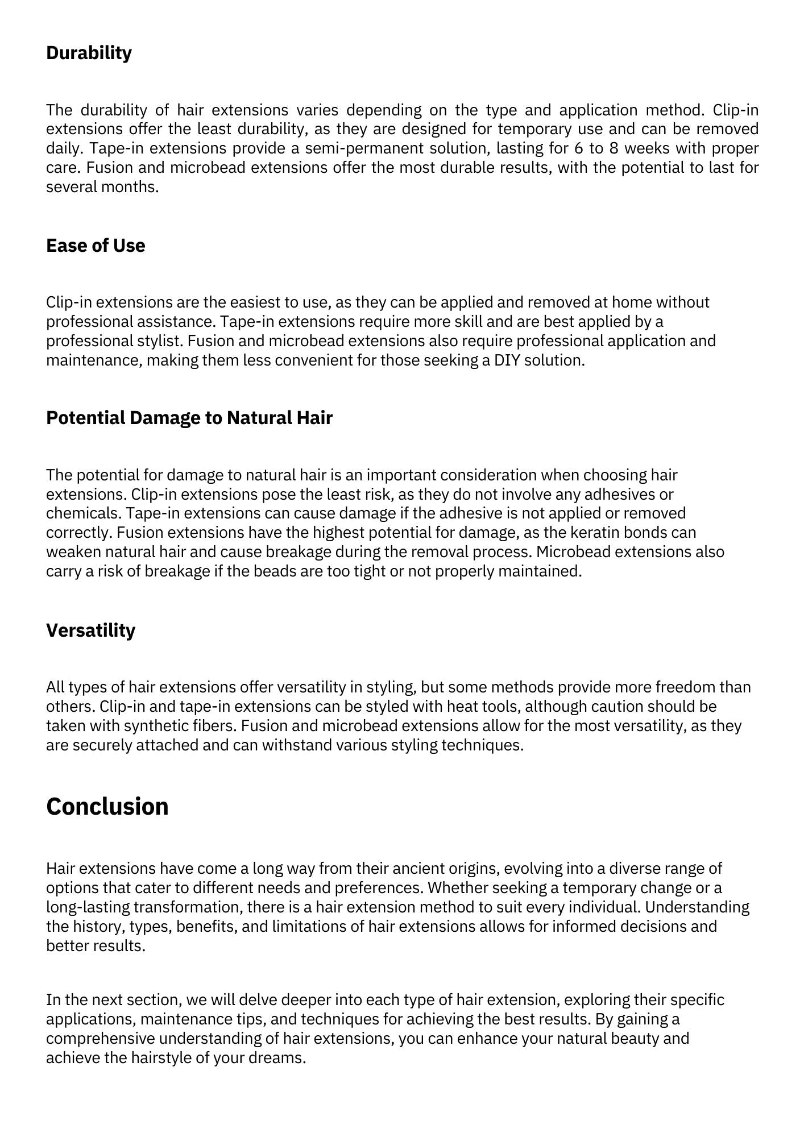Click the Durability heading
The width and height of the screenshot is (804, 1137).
click(x=89, y=53)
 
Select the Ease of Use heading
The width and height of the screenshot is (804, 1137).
click(x=96, y=246)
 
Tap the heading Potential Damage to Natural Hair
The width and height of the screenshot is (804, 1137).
click(x=189, y=418)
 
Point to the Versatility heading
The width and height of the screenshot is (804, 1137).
click(x=90, y=630)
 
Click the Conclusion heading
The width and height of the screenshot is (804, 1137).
click(x=107, y=807)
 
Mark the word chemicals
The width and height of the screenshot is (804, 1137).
click(x=83, y=513)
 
